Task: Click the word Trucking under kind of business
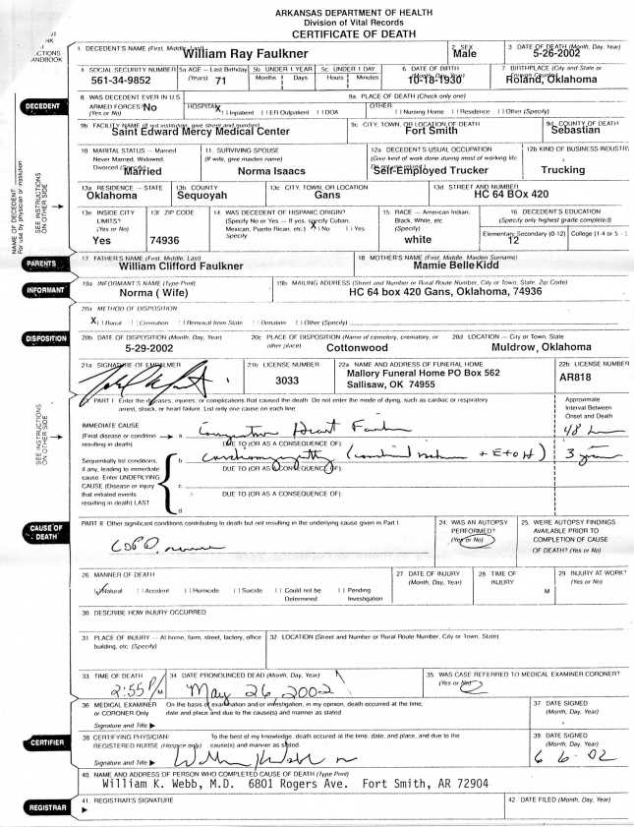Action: [563, 170]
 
